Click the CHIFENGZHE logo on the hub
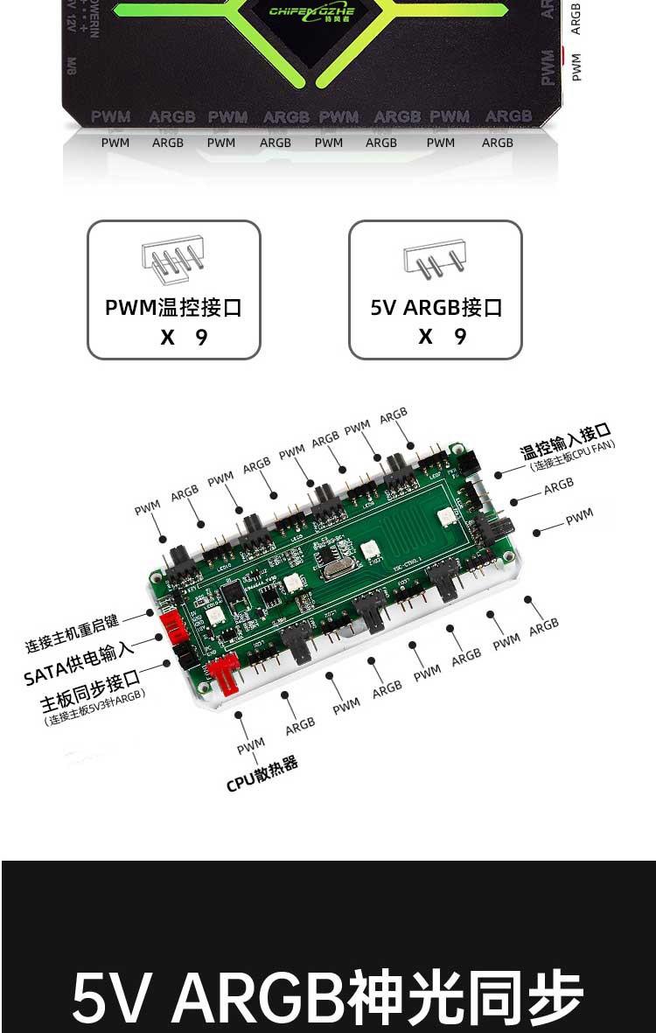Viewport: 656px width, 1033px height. (x=312, y=12)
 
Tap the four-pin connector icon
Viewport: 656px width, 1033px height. (x=172, y=260)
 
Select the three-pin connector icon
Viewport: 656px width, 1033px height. (x=435, y=261)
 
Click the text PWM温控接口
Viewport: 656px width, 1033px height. (x=173, y=308)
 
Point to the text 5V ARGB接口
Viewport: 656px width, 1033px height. (x=436, y=308)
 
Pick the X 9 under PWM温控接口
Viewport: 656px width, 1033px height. (x=184, y=337)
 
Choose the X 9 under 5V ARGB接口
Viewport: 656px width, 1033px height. (x=443, y=337)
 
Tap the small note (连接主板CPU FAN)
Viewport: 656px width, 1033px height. (x=573, y=456)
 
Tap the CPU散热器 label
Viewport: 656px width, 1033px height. (x=262, y=775)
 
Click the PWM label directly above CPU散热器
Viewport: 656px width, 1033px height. (x=250, y=746)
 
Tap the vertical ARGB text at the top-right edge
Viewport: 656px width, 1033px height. (x=576, y=17)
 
